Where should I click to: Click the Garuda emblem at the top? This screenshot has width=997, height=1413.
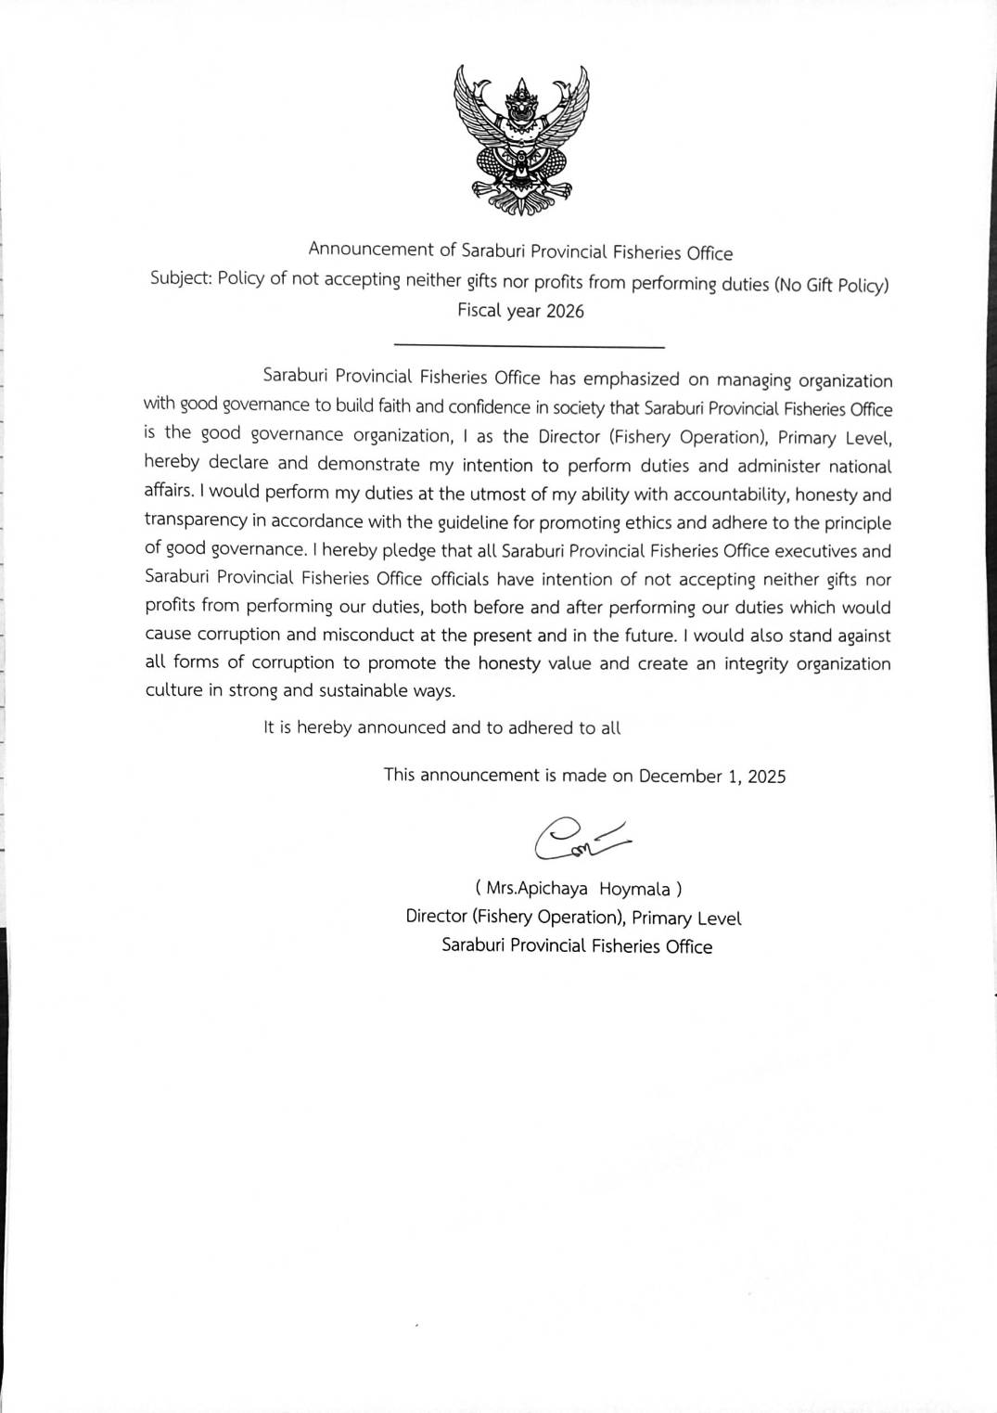point(521,141)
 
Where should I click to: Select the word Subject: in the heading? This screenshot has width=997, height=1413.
point(181,278)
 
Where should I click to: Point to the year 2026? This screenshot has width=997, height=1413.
point(565,312)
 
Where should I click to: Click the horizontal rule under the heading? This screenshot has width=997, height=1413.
point(529,347)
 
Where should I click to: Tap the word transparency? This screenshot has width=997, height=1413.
point(197,520)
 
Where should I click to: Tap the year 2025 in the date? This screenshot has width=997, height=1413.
point(766,777)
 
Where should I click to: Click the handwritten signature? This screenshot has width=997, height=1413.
point(581,838)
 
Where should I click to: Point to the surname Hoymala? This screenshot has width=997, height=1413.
point(634,889)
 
